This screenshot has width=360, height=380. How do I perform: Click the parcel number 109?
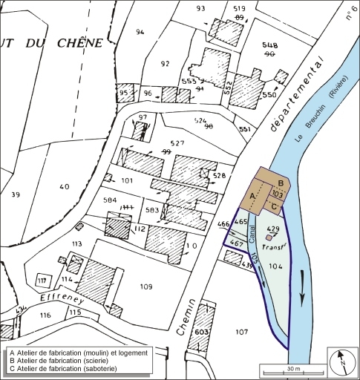(x=145, y=286)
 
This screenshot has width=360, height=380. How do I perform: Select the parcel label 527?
(x=177, y=143)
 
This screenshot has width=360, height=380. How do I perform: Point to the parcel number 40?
(x=65, y=186)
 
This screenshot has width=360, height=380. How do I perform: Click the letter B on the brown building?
(x=280, y=183)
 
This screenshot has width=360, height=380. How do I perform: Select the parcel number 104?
(x=276, y=265)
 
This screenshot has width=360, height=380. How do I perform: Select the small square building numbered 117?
(x=42, y=281)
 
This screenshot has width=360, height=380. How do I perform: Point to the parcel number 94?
(x=141, y=32)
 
